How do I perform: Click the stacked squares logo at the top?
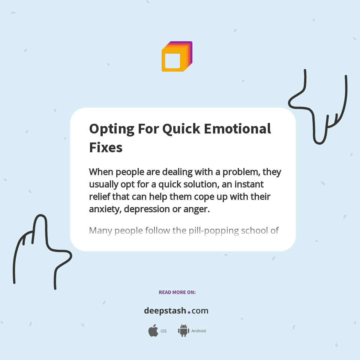pyautogui.click(x=177, y=57)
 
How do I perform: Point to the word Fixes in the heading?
pyautogui.click(x=106, y=147)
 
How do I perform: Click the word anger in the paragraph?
pyautogui.click(x=196, y=209)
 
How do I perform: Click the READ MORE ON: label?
pyautogui.click(x=177, y=292)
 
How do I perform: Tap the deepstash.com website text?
pyautogui.click(x=176, y=311)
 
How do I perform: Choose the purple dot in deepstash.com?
pyautogui.click(x=189, y=312)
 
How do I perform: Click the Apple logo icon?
pyautogui.click(x=153, y=331)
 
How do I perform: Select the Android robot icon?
pyautogui.click(x=183, y=331)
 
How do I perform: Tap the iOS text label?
pyautogui.click(x=163, y=331)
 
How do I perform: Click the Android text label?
pyautogui.click(x=198, y=331)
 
